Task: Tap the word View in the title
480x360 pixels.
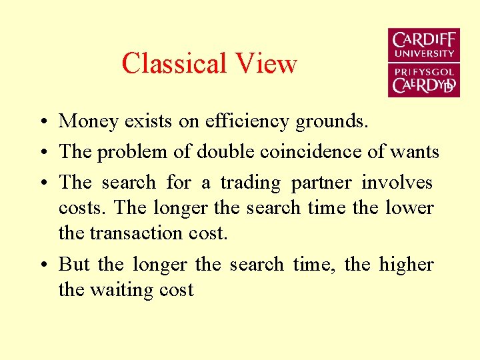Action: click(x=266, y=64)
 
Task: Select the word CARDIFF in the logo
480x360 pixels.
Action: click(x=424, y=39)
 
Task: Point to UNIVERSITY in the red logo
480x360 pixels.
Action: click(x=424, y=53)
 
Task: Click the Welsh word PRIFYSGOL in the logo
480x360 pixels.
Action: click(x=424, y=71)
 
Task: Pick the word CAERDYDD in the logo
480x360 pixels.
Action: click(x=424, y=85)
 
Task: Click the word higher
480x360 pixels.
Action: click(x=406, y=265)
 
